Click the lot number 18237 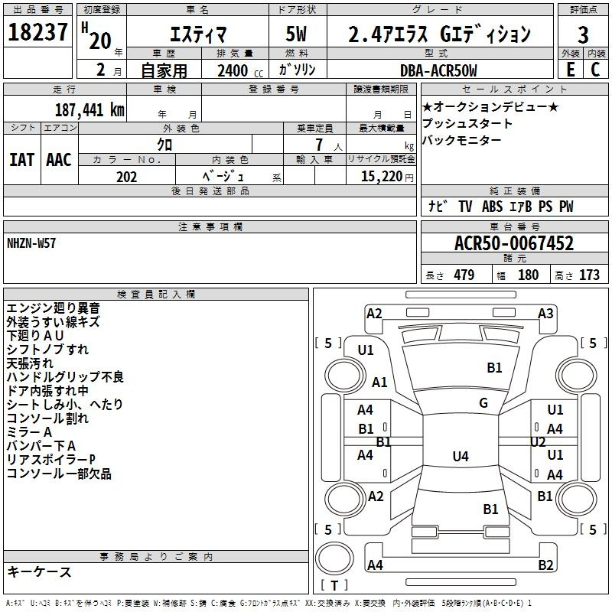pyautogui.click(x=37, y=32)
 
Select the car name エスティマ pyautogui.click(x=198, y=34)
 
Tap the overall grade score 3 pyautogui.click(x=583, y=34)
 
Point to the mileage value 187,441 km pyautogui.click(x=90, y=110)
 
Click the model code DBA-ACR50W pyautogui.click(x=438, y=70)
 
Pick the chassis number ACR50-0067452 pyautogui.click(x=514, y=243)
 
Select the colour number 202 pyautogui.click(x=126, y=177)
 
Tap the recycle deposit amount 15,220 pyautogui.click(x=382, y=177)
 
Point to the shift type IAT pyautogui.click(x=22, y=160)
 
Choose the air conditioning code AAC pyautogui.click(x=59, y=160)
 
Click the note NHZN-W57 pyautogui.click(x=31, y=243)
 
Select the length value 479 pyautogui.click(x=464, y=275)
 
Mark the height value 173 pyautogui.click(x=589, y=275)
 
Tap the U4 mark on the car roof pyautogui.click(x=461, y=456)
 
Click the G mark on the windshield pyautogui.click(x=483, y=403)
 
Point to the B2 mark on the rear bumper pyautogui.click(x=545, y=565)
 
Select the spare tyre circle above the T pyautogui.click(x=334, y=558)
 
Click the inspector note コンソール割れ pyautogui.click(x=47, y=418)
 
